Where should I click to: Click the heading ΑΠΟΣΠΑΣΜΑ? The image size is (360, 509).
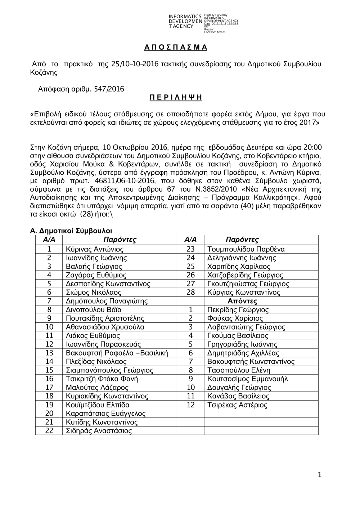pyautogui.click(x=175, y=47)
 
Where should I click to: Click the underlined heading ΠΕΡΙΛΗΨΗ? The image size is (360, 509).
pyautogui.click(x=175, y=98)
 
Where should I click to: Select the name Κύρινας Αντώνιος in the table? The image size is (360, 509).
pyautogui.click(x=95, y=249)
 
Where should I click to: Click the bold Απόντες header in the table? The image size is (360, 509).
pyautogui.click(x=242, y=301)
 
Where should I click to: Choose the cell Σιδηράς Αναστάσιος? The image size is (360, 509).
pyautogui.click(x=99, y=431)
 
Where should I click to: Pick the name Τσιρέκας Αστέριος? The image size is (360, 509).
pyautogui.click(x=237, y=405)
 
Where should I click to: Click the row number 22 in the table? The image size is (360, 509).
pyautogui.click(x=49, y=431)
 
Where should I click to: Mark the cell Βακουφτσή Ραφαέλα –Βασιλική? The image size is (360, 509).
pyautogui.click(x=117, y=353)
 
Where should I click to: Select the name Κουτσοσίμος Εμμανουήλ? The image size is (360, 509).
pyautogui.click(x=247, y=379)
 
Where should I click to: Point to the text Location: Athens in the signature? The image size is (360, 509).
pyautogui.click(x=215, y=32)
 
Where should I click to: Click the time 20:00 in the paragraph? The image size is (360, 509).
pyautogui.click(x=313, y=147)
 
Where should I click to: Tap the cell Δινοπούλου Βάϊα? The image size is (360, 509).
pyautogui.click(x=94, y=310)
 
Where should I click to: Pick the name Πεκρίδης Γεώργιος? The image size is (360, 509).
pyautogui.click(x=238, y=310)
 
